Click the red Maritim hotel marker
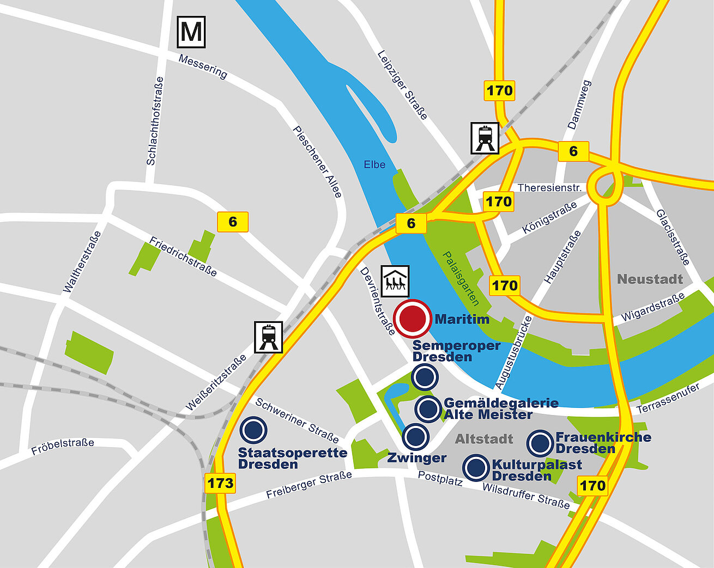point(413,319)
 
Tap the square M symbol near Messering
point(191,32)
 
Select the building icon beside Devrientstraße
point(395,281)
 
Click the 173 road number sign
point(220,483)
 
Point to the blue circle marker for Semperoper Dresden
point(425,377)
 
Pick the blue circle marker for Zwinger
point(416,436)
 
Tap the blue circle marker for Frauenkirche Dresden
point(541,443)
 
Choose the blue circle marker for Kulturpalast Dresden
point(476,467)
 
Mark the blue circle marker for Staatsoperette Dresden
point(253,430)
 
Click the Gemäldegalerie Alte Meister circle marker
point(428,408)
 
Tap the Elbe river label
point(374,164)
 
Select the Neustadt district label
point(650,279)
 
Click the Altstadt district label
point(484,439)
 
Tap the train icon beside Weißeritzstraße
point(269,337)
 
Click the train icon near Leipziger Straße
point(485,138)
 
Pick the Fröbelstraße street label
point(63,447)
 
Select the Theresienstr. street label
point(549,188)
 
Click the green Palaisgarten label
point(461,278)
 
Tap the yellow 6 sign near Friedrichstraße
point(233,222)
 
